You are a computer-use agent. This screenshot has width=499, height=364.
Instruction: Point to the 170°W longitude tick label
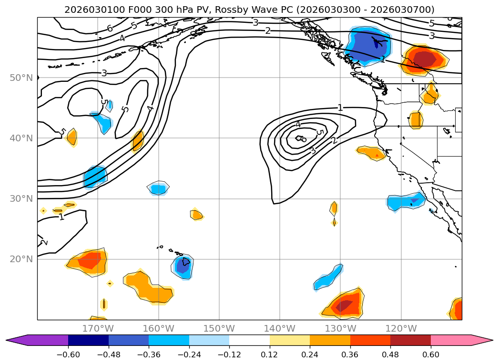click(98, 328)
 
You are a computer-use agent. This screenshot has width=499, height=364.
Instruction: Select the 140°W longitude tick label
click(280, 328)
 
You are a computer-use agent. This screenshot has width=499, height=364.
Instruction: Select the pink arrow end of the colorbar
click(482, 340)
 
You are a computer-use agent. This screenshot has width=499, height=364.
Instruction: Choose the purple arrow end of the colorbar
click(17, 340)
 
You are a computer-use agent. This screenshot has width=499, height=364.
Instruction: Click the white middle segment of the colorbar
click(249, 340)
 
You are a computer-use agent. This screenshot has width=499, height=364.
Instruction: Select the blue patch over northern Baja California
click(406, 201)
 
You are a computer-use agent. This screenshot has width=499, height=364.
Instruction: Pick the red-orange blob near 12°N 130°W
click(344, 305)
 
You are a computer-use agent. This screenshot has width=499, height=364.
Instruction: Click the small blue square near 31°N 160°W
click(158, 189)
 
